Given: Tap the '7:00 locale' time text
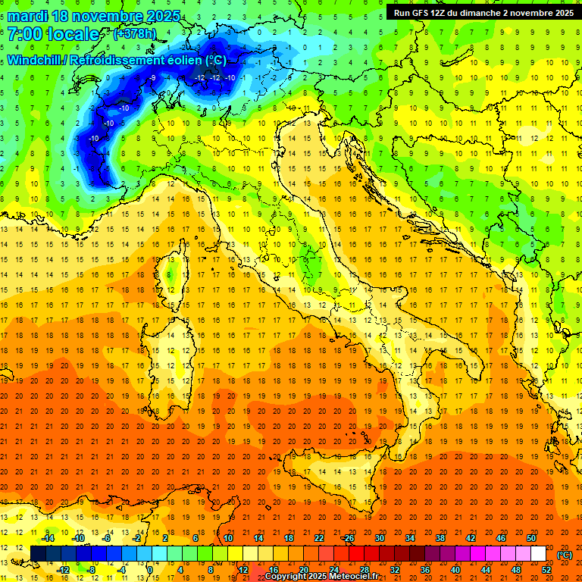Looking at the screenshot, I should pyautogui.click(x=53, y=34).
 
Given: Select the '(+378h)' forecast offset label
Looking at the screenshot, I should pyautogui.click(x=135, y=33).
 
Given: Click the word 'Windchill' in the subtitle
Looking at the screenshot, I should pyautogui.click(x=35, y=60).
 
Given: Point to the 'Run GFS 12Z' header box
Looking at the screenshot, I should pyautogui.click(x=483, y=12).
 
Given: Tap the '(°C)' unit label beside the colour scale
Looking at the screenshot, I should pyautogui.click(x=565, y=554).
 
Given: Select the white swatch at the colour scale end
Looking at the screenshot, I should pyautogui.click(x=538, y=554).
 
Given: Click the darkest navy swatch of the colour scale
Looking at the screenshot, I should pyautogui.click(x=38, y=554).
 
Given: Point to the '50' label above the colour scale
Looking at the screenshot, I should pyautogui.click(x=531, y=538).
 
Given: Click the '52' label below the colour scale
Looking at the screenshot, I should pyautogui.click(x=546, y=570).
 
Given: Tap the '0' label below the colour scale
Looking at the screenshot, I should pyautogui.click(x=150, y=570).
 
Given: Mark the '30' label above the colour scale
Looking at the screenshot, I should pyautogui.click(x=379, y=538).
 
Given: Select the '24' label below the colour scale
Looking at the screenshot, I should pyautogui.click(x=333, y=570).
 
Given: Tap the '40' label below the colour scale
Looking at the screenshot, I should pyautogui.click(x=455, y=570).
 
